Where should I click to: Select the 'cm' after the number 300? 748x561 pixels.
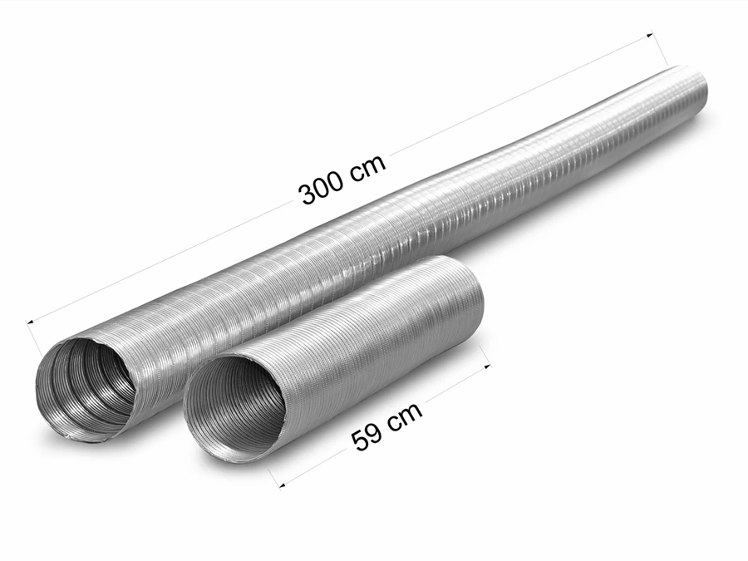click(x=368, y=165)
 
